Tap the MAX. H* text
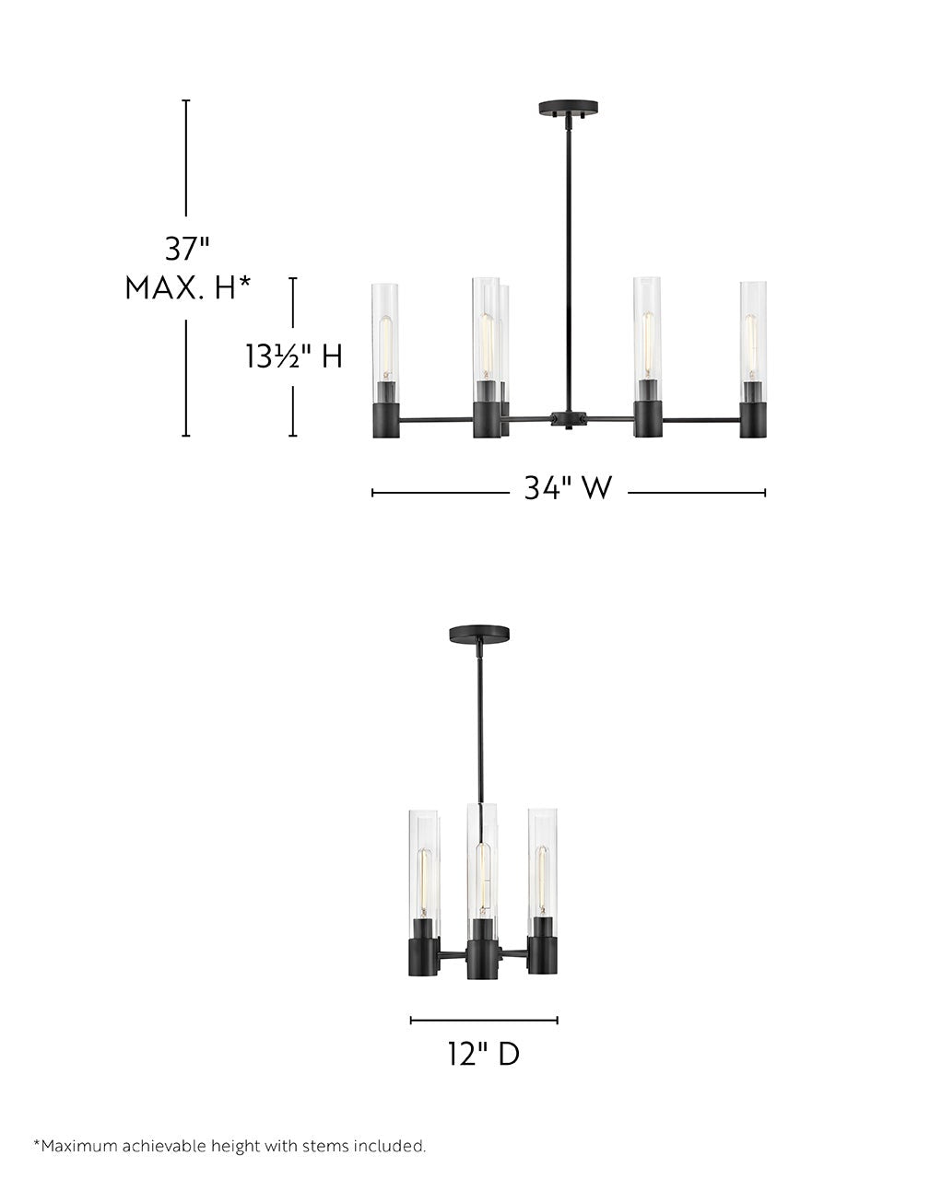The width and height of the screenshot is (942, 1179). [x=188, y=288]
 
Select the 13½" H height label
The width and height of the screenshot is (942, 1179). [x=293, y=356]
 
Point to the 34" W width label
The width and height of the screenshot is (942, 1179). [x=568, y=487]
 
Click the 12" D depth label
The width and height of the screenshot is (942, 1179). [x=484, y=1054]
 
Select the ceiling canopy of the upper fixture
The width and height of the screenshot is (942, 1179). [x=568, y=108]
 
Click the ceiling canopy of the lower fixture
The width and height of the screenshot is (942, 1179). [x=479, y=635]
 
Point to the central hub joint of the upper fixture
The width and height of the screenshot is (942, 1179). [x=569, y=419]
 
